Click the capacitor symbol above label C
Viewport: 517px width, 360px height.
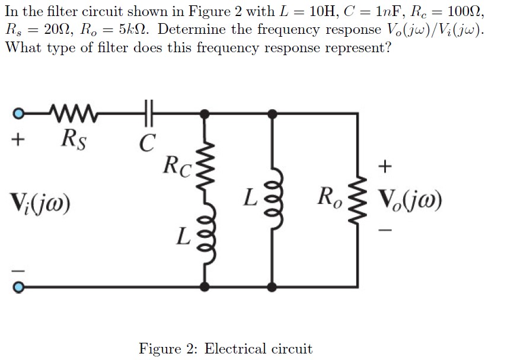coord(149,111)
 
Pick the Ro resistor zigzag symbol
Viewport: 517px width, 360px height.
coord(357,199)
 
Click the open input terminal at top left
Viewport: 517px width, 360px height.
coord(18,112)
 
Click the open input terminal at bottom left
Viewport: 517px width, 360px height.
coord(18,288)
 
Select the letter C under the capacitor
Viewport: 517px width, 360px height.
coord(148,141)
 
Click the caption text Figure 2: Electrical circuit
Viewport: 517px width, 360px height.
coord(225,348)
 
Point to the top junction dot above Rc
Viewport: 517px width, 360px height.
coord(206,112)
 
